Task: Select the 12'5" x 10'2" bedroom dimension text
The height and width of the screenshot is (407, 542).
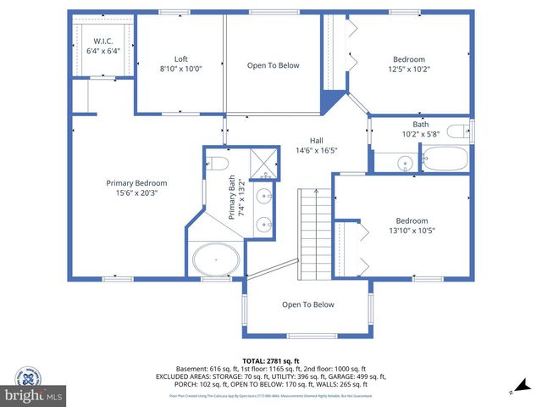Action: (x=408, y=70)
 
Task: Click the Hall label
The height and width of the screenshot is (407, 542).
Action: (x=316, y=141)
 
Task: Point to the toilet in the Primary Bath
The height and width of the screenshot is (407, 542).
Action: (x=218, y=163)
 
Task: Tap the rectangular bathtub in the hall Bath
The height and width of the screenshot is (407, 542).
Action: (x=444, y=159)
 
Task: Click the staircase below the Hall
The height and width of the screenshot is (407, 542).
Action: (x=312, y=232)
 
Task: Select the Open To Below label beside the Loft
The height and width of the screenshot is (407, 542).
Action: (x=273, y=65)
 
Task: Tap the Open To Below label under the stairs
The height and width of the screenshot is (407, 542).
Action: (x=307, y=304)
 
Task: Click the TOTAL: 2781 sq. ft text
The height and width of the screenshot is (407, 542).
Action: (x=271, y=360)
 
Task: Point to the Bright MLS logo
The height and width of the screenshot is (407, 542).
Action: (x=34, y=395)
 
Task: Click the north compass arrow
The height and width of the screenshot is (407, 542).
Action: (x=512, y=391)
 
